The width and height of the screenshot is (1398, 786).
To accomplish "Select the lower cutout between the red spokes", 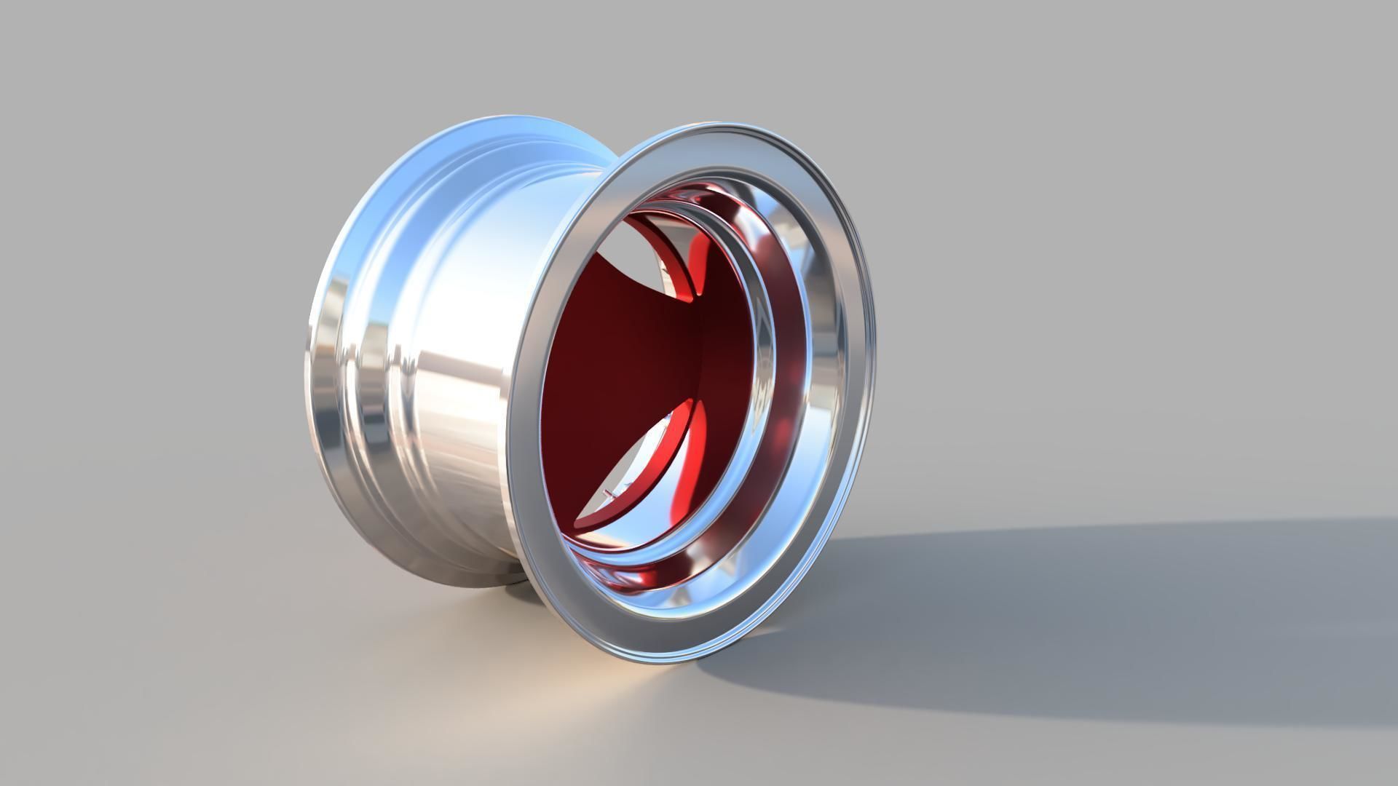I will click(x=641, y=466).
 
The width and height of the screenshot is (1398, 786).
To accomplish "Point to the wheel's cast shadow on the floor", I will click(x=1056, y=619).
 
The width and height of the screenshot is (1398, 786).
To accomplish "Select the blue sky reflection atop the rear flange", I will click(x=437, y=160).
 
